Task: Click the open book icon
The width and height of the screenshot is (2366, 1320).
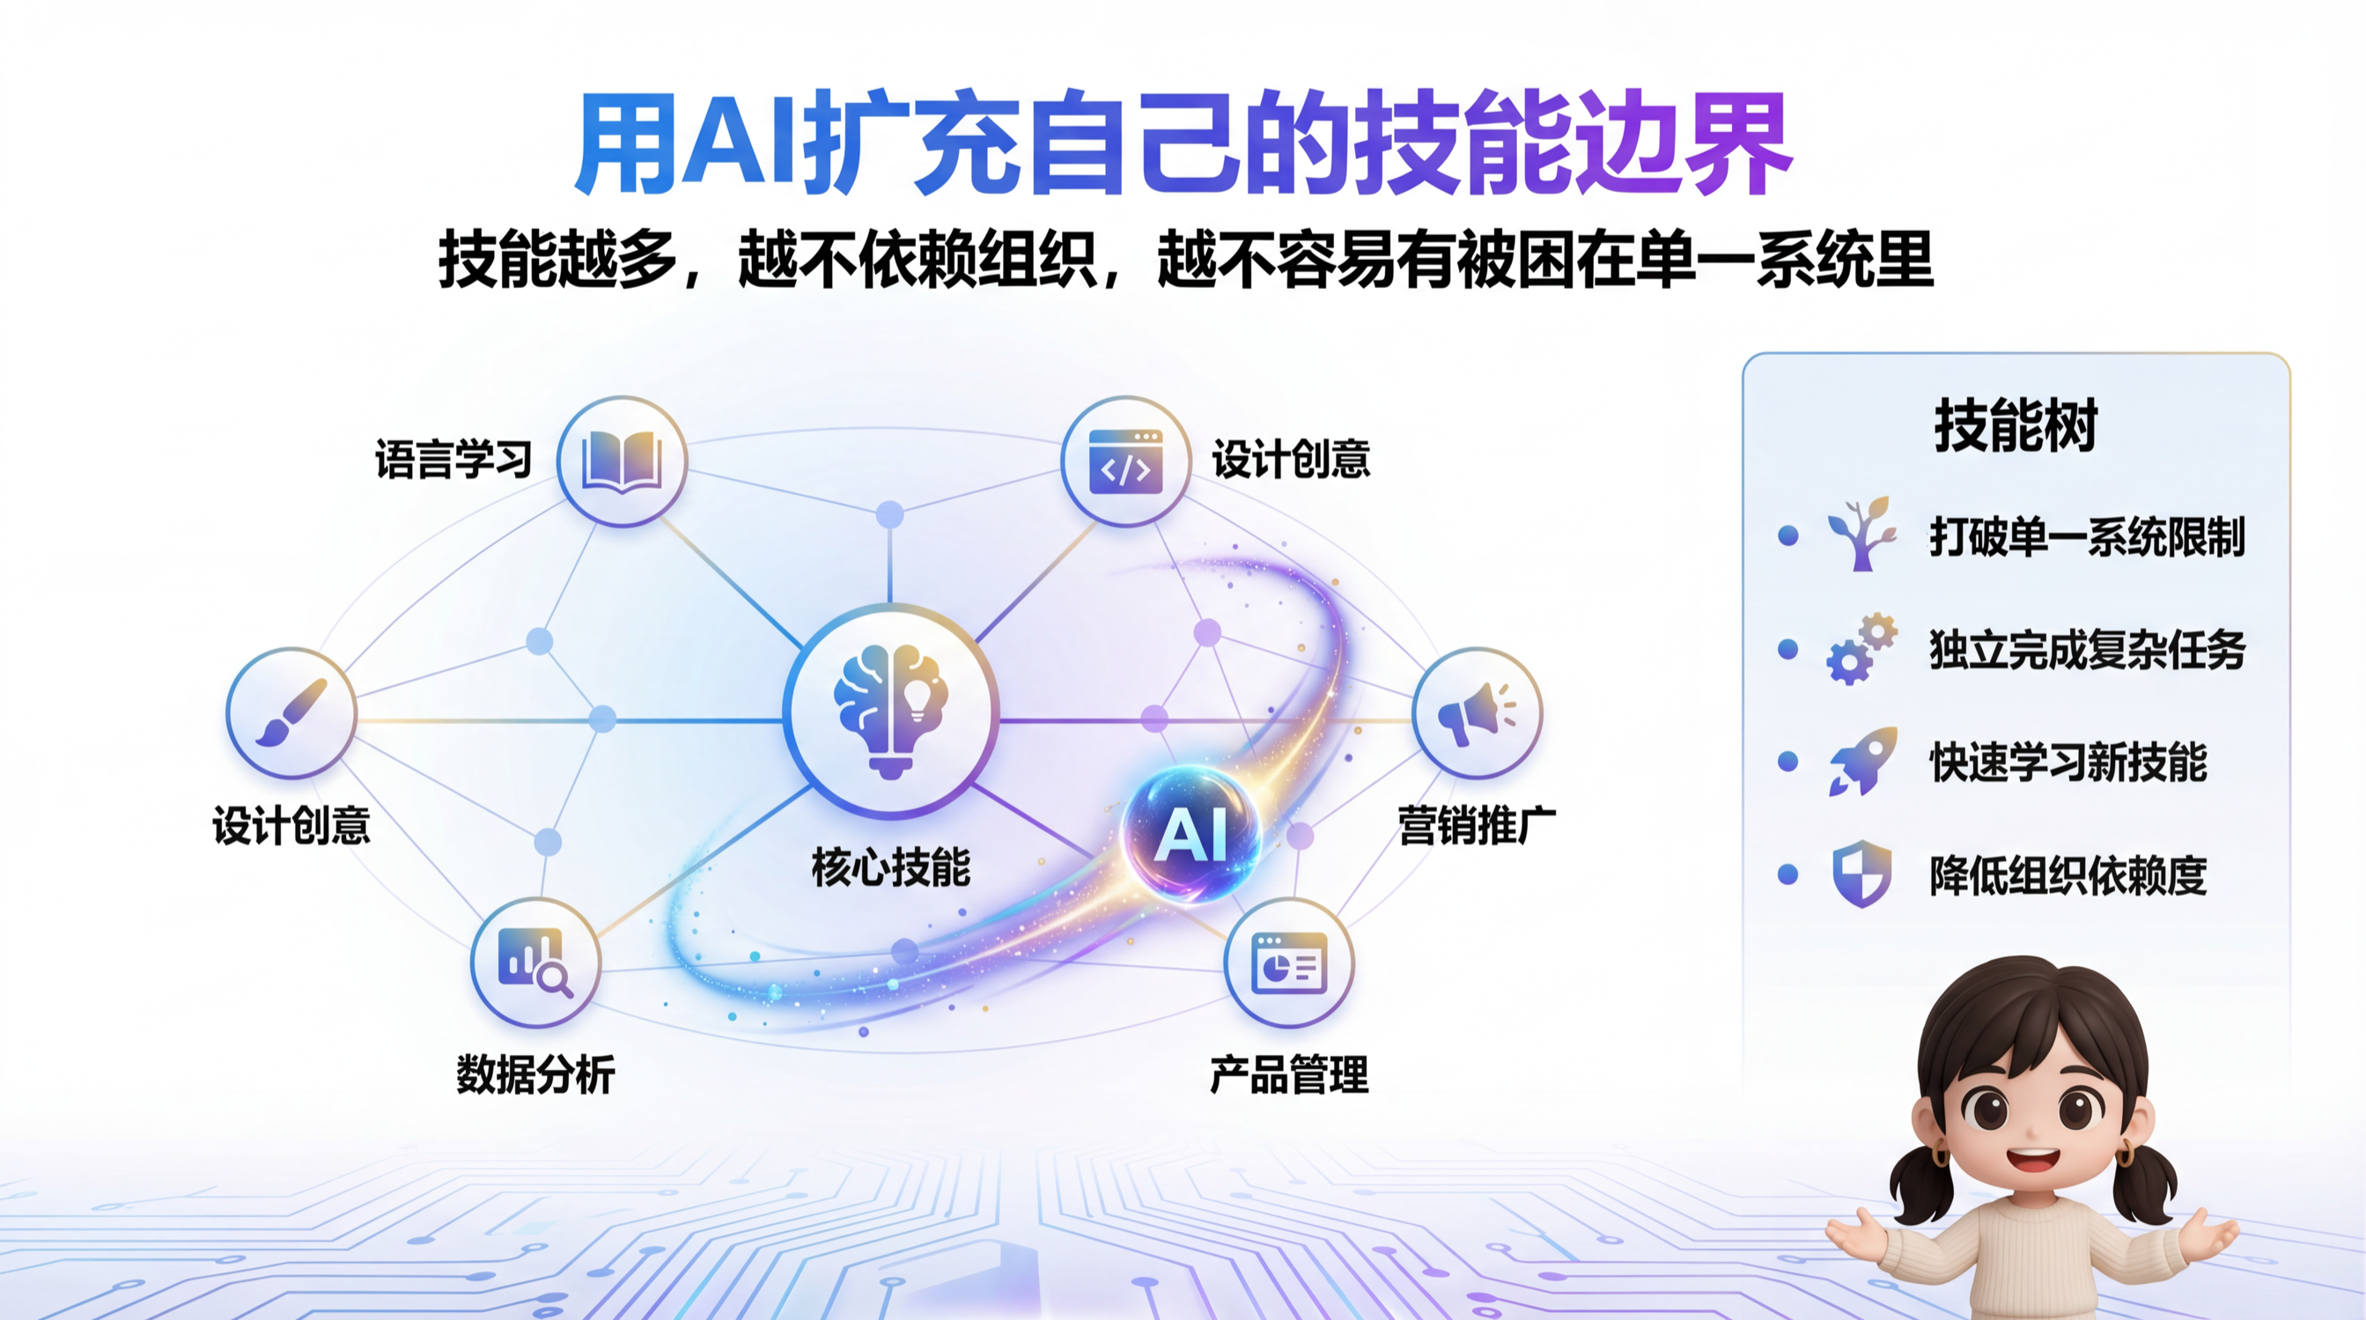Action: pyautogui.click(x=622, y=461)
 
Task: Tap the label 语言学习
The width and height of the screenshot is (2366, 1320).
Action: pyautogui.click(x=453, y=459)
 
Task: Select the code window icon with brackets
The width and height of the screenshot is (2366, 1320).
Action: pyautogui.click(x=1125, y=461)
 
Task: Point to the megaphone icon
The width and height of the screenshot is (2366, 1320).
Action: pyautogui.click(x=1476, y=712)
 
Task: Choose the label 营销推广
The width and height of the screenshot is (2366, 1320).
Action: pyautogui.click(x=1477, y=825)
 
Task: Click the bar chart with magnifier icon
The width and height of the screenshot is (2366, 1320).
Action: pyautogui.click(x=535, y=962)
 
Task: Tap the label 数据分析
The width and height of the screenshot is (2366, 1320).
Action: pyautogui.click(x=535, y=1073)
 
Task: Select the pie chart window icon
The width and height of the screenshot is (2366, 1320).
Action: pyautogui.click(x=1288, y=962)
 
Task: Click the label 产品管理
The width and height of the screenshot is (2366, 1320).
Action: pyautogui.click(x=1289, y=1073)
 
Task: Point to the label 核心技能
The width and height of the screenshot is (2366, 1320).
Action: pyautogui.click(x=891, y=867)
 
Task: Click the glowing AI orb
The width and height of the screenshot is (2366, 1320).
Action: pyautogui.click(x=1191, y=833)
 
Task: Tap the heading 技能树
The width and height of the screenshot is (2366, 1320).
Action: pyautogui.click(x=2016, y=425)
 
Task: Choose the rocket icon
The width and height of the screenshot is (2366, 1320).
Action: pyautogui.click(x=1861, y=761)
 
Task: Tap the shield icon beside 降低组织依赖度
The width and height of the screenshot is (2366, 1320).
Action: pyautogui.click(x=1861, y=874)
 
